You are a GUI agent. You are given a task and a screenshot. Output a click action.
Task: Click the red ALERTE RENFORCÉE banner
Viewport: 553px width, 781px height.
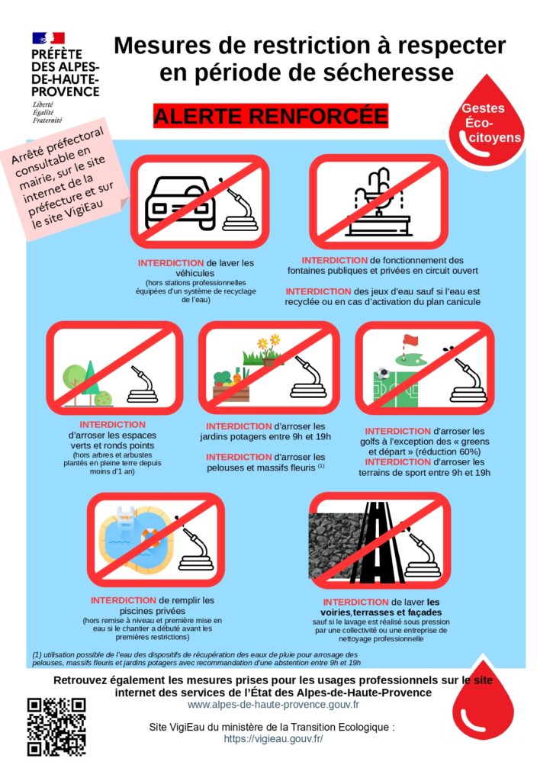coord(271,116)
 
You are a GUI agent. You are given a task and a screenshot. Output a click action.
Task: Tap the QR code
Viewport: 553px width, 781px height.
coord(56,727)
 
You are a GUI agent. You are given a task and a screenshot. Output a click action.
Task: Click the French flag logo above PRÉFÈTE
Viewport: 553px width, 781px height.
coord(48,38)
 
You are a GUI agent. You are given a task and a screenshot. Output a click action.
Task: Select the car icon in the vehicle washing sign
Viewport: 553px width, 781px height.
coord(180,202)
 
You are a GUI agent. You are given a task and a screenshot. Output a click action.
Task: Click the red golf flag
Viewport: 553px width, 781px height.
coord(410,341)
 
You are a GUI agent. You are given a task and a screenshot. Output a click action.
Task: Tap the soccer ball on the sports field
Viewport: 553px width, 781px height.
coord(383,373)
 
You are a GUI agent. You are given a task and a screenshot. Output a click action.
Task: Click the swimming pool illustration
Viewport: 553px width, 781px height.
coord(136,536)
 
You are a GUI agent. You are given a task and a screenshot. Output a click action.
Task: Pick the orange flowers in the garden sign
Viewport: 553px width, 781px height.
coord(268,342)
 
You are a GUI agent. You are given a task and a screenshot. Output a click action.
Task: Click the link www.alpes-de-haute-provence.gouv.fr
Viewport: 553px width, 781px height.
coord(273,705)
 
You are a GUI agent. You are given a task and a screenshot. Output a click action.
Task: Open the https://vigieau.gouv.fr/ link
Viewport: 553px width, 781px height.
coord(273,738)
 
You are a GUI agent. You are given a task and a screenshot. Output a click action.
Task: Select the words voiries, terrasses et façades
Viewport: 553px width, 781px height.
coord(381,612)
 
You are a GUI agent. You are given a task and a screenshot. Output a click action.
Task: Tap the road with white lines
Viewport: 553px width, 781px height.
coord(377,542)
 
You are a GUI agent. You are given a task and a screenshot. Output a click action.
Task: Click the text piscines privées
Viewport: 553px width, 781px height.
coord(153,611)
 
